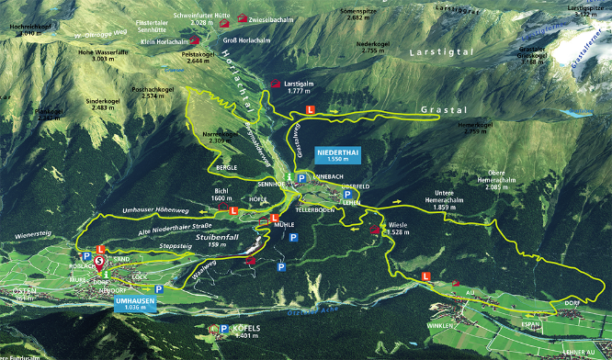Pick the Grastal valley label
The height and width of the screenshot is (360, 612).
click(x=439, y=109)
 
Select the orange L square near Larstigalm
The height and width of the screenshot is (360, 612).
click(x=310, y=109)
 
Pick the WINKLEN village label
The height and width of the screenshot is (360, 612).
click(x=441, y=326)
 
